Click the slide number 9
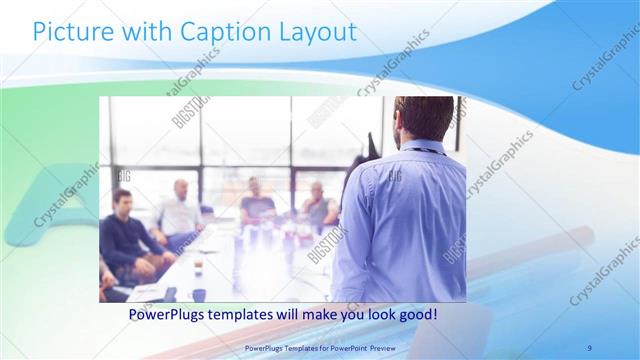[589, 347]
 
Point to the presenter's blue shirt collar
[420, 147]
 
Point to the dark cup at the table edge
[199, 294]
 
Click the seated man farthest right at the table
[318, 205]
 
